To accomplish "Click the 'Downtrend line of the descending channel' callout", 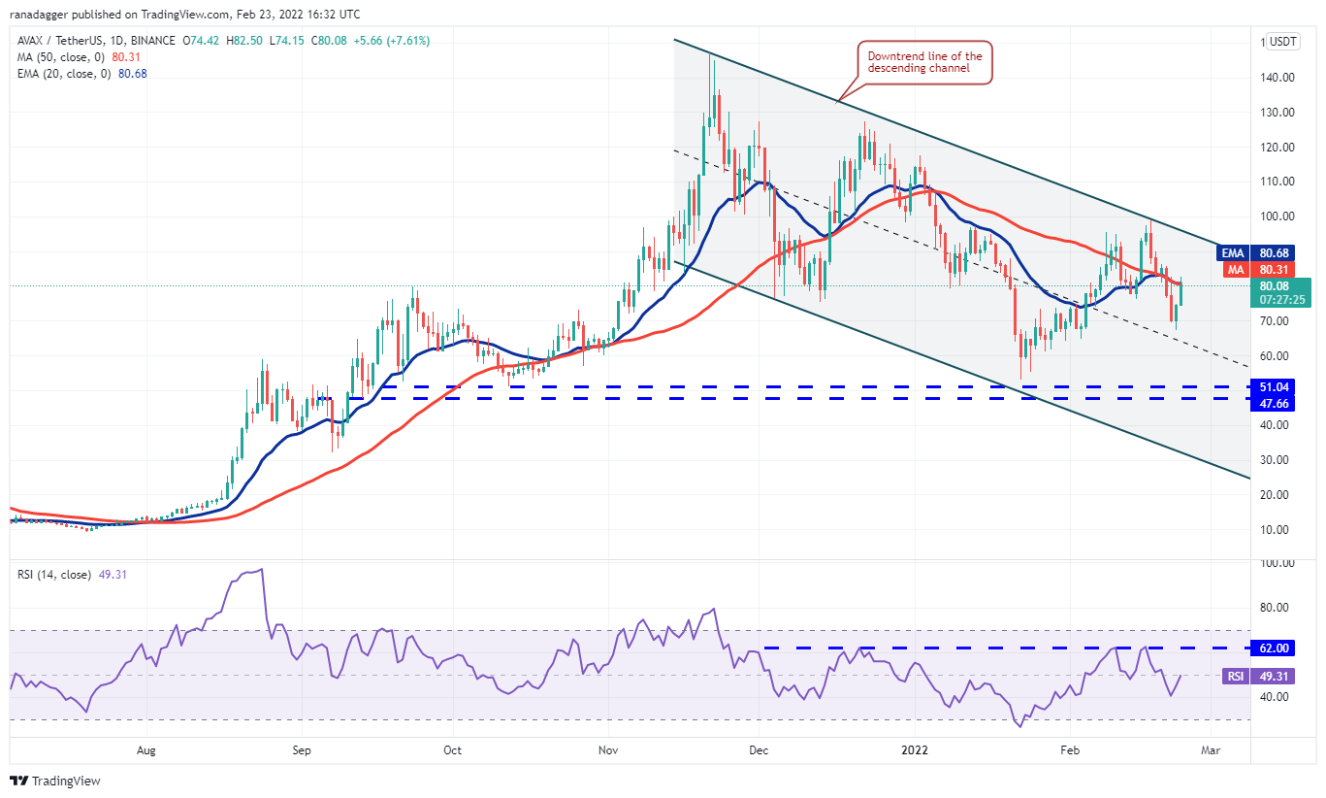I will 924,62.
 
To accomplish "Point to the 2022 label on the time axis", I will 916,749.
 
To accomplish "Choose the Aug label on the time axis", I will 146,749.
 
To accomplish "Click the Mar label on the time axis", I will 1210,749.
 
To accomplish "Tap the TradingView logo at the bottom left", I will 55,781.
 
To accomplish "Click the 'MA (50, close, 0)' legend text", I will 60,57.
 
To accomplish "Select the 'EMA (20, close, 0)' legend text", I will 63,73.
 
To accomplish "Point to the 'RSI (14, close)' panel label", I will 53,575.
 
